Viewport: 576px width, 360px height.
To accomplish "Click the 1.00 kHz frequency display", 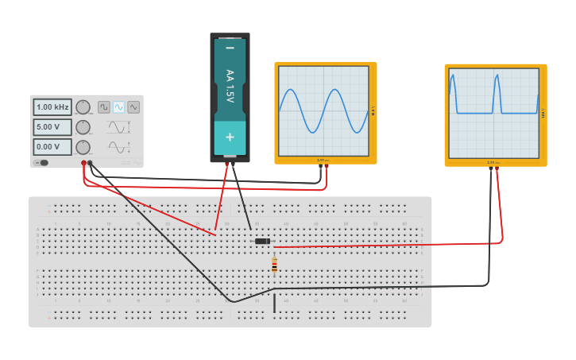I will tap(52, 106).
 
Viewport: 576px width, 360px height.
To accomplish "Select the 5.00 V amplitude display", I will tap(52, 127).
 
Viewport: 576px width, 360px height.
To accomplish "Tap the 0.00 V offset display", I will tap(52, 147).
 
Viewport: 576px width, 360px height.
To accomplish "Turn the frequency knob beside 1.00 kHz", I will tap(83, 107).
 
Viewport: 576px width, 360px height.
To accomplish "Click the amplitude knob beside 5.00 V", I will tap(83, 127).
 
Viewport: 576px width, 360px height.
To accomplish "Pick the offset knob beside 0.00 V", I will tap(83, 147).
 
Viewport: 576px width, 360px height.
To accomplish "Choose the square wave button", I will tap(104, 106).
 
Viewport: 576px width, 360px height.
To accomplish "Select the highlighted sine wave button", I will tap(118, 106).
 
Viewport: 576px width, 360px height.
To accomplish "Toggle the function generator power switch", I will tap(41, 163).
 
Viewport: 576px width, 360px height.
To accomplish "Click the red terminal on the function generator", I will tap(83, 164).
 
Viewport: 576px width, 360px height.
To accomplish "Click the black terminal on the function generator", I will tap(91, 164).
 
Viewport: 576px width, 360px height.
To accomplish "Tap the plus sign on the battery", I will tap(230, 137).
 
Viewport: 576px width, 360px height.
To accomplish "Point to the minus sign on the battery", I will tap(230, 48).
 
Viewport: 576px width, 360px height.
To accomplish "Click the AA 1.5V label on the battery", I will tap(230, 86).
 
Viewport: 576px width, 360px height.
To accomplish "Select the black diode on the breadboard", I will tap(262, 241).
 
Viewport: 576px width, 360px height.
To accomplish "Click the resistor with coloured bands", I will tap(275, 265).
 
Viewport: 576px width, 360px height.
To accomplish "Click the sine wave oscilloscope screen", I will tap(323, 111).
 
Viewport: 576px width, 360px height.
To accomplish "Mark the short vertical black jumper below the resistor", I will tap(275, 304).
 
